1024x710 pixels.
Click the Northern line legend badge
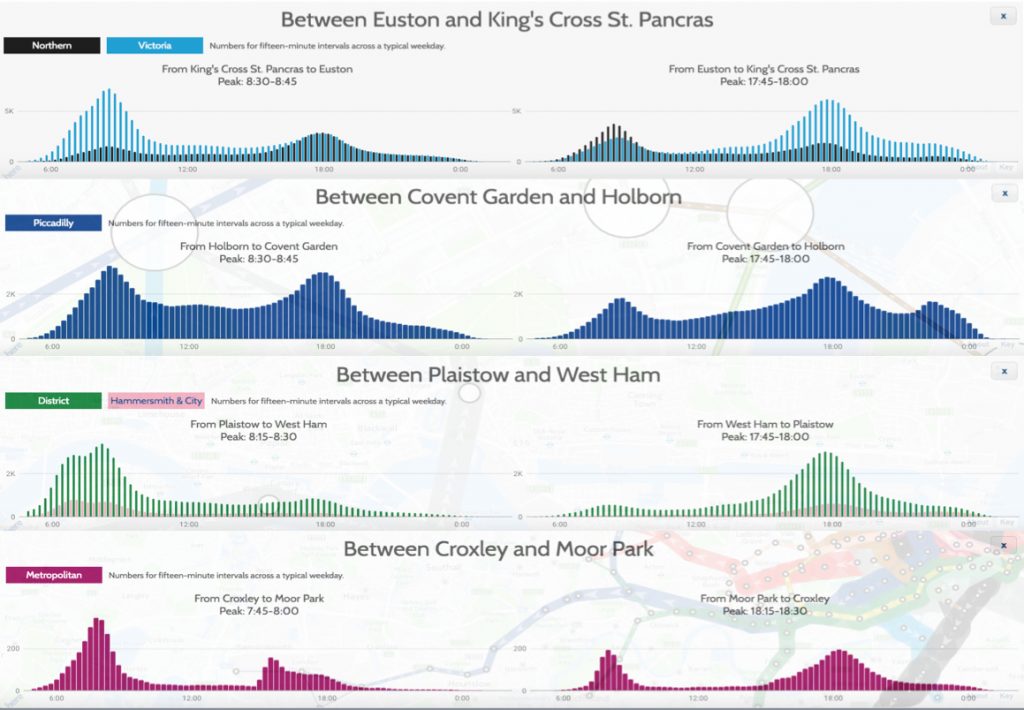[x=52, y=46]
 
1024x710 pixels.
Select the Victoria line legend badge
[x=155, y=46]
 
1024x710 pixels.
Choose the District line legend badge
[x=53, y=401]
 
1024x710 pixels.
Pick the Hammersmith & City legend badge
[x=156, y=401]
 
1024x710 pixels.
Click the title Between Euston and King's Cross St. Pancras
[x=497, y=19]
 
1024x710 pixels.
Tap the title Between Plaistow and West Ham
[x=498, y=374]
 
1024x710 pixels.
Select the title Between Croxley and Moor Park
[x=498, y=549]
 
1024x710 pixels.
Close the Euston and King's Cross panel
[x=1002, y=16]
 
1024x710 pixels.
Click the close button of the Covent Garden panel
[x=1002, y=193]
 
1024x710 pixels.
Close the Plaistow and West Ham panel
[x=1002, y=371]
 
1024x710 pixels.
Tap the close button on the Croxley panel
[x=1002, y=545]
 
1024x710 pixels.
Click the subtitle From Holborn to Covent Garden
[x=259, y=246]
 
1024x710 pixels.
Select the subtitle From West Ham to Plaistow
[x=763, y=424]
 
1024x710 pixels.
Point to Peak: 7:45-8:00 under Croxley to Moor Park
[x=259, y=611]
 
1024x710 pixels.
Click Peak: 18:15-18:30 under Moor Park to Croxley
[x=764, y=611]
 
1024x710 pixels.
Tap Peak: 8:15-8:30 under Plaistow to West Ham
[x=259, y=437]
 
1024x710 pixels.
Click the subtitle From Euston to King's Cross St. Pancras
[x=764, y=69]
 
